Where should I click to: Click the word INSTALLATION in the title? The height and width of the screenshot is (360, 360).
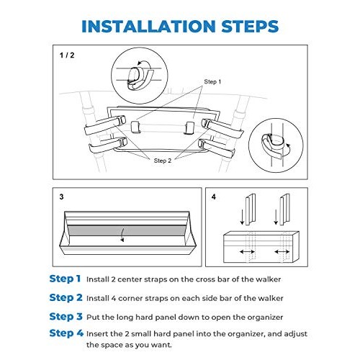point(148,26)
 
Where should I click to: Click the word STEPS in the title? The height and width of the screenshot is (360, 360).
point(250,26)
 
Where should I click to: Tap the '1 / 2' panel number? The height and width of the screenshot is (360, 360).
point(67,55)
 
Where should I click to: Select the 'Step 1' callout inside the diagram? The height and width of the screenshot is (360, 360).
point(212,81)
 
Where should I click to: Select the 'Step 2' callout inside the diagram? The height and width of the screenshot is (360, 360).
point(163,161)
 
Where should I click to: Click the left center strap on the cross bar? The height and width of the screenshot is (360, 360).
point(135,127)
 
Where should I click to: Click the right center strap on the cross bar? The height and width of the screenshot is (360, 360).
point(189,128)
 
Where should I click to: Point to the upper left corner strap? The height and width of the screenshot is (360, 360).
point(105,125)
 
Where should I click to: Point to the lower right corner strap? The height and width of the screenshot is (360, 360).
point(217,148)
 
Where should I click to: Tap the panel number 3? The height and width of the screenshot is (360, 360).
point(61,197)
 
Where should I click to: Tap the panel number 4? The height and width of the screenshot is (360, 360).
point(214,197)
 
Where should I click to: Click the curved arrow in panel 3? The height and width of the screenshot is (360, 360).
point(122,235)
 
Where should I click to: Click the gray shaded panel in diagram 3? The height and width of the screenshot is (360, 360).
point(127,230)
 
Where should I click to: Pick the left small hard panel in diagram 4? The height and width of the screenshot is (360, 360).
point(251,210)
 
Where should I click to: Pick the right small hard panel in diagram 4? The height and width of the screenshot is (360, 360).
point(285,210)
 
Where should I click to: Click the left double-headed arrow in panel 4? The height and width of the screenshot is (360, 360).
point(248,251)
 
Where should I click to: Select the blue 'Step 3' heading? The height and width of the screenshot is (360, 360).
point(66,316)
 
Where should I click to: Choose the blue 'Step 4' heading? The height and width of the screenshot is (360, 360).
point(66,333)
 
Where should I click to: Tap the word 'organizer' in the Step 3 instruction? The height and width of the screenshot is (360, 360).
point(265,318)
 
